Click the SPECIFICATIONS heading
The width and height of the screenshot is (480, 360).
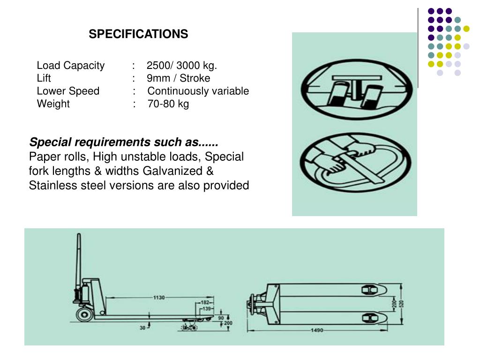[138, 34]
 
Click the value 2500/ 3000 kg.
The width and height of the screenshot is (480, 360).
[182, 65]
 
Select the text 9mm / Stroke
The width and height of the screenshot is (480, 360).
[178, 78]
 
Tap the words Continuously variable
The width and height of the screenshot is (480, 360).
[198, 91]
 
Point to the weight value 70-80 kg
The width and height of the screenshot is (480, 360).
[168, 104]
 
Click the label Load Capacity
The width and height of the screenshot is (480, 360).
[71, 65]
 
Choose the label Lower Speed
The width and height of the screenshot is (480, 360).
[68, 91]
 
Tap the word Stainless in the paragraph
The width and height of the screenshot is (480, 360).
[51, 186]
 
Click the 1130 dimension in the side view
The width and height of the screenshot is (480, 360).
[159, 298]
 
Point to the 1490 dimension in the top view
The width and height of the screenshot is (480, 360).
[317, 330]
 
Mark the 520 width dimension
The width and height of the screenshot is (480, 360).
[401, 304]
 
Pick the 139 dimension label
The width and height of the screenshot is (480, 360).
[207, 309]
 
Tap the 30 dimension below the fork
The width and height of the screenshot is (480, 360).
[142, 328]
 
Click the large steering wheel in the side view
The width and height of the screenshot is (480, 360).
[85, 314]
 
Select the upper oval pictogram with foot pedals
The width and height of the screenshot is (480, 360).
[354, 89]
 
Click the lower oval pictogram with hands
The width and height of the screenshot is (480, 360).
[354, 162]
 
